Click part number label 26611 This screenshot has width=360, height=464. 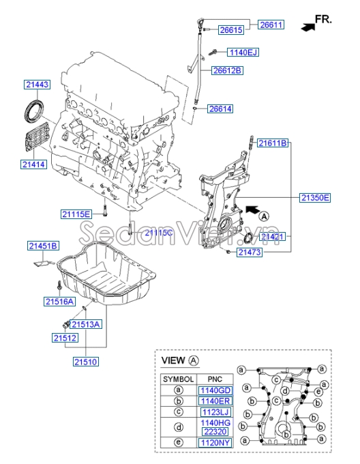click(x=271, y=25)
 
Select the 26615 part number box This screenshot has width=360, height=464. click(x=231, y=30)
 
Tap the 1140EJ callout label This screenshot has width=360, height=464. click(x=243, y=53)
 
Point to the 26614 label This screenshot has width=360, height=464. click(x=220, y=109)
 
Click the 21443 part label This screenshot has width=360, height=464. click(x=37, y=85)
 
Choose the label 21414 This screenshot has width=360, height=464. click(x=33, y=164)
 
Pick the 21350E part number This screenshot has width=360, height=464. click(x=315, y=198)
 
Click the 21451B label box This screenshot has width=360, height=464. click(x=43, y=246)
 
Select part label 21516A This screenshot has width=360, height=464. click(x=59, y=302)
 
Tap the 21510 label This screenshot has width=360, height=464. click(x=86, y=362)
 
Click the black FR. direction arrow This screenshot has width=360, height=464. click(x=307, y=27)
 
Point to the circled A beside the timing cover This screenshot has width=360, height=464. click(x=264, y=216)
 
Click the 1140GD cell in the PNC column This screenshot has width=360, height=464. click(x=215, y=390)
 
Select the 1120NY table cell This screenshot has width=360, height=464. click(x=215, y=443)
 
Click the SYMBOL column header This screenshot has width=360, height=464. click(x=178, y=379)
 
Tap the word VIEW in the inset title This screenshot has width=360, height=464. click(x=173, y=360)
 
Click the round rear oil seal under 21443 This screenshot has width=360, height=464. click(x=33, y=111)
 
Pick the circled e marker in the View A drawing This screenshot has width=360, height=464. click(x=318, y=392)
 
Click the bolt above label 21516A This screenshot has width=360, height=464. click(x=59, y=286)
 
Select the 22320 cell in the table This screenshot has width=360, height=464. click(x=215, y=432)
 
